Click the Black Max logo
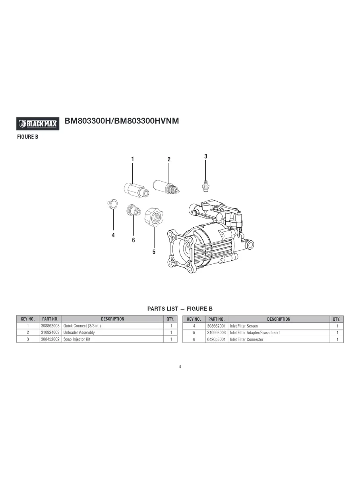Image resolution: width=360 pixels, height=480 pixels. (38, 124)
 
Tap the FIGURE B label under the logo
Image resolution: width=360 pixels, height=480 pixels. (27, 137)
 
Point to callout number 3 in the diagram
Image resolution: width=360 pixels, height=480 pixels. (205, 157)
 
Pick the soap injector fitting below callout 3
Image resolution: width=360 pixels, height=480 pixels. (205, 184)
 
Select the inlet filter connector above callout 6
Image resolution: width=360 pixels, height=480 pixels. (132, 210)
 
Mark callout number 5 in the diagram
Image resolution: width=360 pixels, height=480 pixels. (154, 252)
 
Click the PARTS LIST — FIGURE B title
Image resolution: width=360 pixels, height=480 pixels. (180, 309)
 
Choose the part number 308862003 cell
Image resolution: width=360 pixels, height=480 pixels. (50, 326)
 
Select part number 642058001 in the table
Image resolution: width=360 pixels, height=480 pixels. (216, 339)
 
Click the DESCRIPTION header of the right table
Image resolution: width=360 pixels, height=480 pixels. (279, 319)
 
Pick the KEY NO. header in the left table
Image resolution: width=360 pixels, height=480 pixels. (27, 319)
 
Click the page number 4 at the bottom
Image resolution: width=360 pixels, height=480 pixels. (180, 366)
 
